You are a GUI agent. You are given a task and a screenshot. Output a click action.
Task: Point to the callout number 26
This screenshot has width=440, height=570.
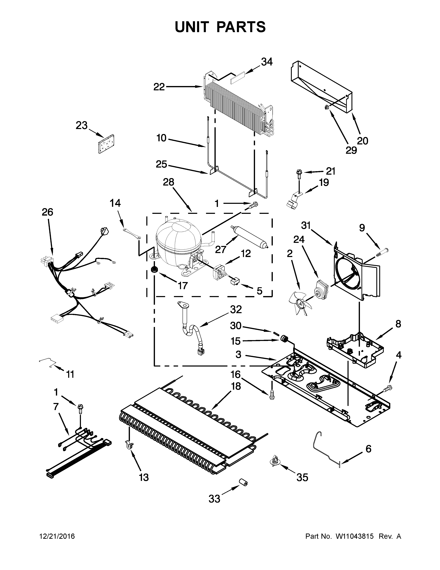coord(47,212)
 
